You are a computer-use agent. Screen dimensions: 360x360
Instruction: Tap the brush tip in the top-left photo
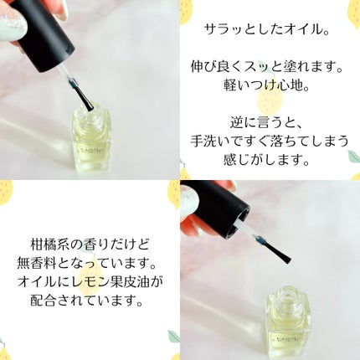coord(90,108)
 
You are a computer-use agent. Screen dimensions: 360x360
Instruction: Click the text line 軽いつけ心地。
coord(267,85)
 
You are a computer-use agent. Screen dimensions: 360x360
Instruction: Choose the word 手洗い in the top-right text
coord(212,141)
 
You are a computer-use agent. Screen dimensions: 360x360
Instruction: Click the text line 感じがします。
coord(267,160)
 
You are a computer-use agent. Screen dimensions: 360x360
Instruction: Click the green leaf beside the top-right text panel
coord(353,157)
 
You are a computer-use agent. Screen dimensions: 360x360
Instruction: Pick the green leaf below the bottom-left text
coord(173,337)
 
